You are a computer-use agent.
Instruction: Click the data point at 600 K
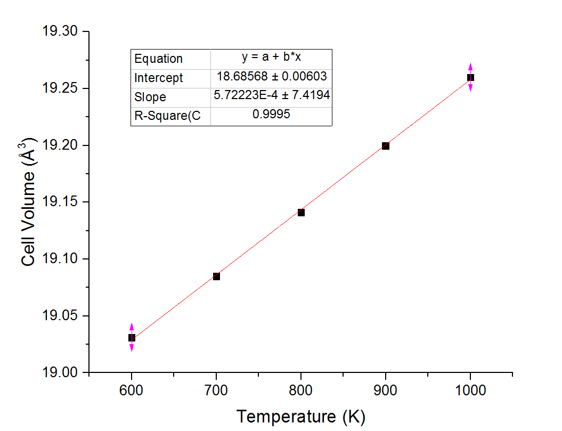[x=132, y=338]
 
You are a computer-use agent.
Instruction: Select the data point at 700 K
[x=216, y=277]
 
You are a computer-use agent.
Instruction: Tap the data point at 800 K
[x=301, y=213]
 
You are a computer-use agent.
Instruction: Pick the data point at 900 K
[x=386, y=146]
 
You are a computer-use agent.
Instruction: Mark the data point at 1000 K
[x=470, y=77]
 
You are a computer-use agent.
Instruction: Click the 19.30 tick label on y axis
[x=60, y=32]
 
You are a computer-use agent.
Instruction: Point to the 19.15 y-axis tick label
[x=60, y=202]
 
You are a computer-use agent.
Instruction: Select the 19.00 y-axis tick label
[x=60, y=373]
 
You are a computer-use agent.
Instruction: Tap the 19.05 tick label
[x=60, y=316]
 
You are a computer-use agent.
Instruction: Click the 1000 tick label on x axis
[x=470, y=391]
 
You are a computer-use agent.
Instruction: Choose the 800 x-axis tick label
[x=301, y=391]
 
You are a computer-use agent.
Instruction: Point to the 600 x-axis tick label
[x=132, y=391]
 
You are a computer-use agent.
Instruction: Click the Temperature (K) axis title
[x=301, y=417]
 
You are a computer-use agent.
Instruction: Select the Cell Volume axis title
[x=29, y=201]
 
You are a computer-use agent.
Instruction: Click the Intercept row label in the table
[x=158, y=78]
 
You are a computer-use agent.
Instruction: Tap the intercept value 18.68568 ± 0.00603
[x=272, y=77]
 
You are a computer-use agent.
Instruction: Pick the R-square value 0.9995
[x=272, y=115]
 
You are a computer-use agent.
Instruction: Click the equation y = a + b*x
[x=272, y=58]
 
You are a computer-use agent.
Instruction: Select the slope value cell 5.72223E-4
[x=272, y=96]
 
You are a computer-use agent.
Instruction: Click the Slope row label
[x=150, y=97]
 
